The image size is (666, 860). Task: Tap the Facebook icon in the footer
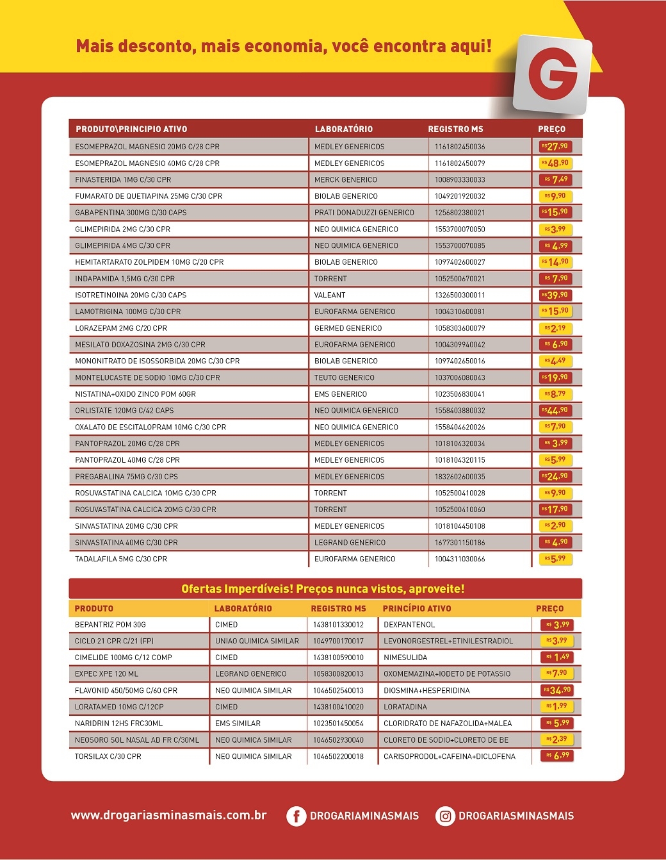296,816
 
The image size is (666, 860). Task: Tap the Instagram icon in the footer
445,816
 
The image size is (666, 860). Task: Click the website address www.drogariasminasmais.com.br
168,815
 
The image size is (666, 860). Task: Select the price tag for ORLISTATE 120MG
555,410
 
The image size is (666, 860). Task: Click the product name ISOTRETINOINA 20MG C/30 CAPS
131,295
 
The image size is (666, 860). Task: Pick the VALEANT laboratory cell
330,295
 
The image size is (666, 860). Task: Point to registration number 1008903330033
460,180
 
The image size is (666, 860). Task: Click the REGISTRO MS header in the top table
455,129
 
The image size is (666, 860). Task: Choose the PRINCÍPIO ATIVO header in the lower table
416,608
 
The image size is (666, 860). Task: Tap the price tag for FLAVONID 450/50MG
556,690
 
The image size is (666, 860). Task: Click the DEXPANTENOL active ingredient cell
409,624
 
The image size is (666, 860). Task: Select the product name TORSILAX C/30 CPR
108,756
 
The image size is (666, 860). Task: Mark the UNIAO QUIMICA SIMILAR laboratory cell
257,641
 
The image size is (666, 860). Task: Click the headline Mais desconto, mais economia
284,46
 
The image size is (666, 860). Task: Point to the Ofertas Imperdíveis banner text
323,589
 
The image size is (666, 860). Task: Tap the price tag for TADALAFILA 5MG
555,559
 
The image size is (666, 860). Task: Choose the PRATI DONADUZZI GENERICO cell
364,213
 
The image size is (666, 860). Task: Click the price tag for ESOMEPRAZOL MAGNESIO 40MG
555,163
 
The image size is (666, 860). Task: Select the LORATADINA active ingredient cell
405,707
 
